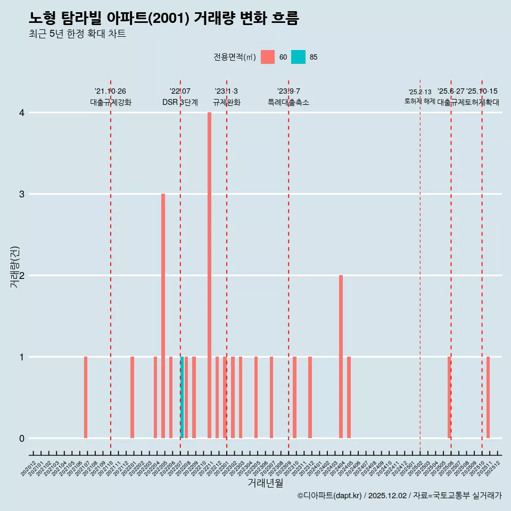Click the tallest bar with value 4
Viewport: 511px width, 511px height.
pos(209,275)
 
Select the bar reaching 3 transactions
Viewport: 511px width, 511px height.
pos(163,316)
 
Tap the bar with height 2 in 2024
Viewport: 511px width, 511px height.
pos(341,357)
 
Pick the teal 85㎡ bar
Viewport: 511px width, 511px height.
pos(182,398)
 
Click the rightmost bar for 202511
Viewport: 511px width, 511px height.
pos(488,398)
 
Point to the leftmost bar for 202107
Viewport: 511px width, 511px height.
pos(86,398)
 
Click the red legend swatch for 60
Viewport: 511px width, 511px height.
pos(268,57)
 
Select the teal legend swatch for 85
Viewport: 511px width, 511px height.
pos(298,57)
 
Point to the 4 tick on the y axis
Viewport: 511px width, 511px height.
pos(21,113)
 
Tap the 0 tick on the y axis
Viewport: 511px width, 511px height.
pos(21,439)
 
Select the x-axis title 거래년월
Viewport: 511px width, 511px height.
pos(265,483)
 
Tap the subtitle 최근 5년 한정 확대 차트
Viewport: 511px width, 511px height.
pos(77,34)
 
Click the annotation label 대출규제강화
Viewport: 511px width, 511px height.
pos(110,102)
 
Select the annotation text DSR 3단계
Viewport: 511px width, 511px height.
pos(180,102)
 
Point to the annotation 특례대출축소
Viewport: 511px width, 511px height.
pos(288,102)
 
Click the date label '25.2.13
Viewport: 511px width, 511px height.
pos(419,92)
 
